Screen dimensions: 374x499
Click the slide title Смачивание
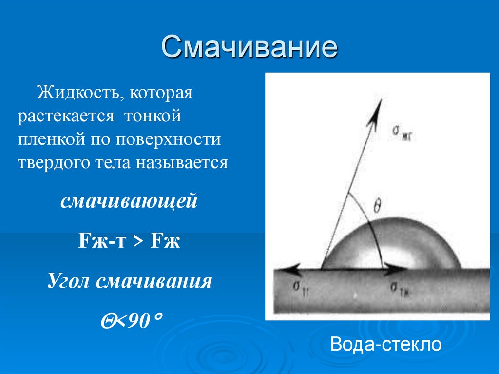[x=249, y=47]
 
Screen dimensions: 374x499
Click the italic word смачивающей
[x=129, y=201]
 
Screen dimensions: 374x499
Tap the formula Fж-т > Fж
[x=129, y=241]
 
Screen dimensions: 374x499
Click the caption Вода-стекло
[x=385, y=344]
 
